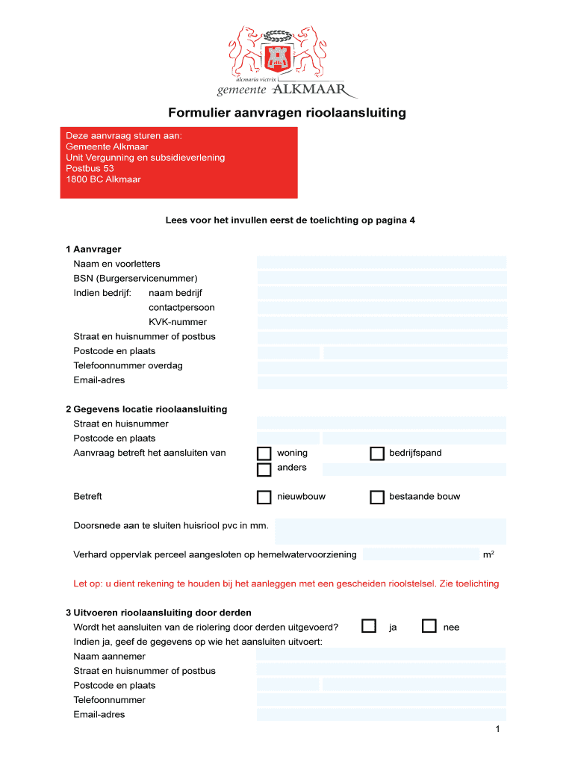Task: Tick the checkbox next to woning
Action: [x=264, y=453]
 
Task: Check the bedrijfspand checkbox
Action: [x=377, y=453]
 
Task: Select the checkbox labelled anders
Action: [x=264, y=469]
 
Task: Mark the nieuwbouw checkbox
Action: [x=264, y=498]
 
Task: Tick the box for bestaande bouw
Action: [x=377, y=498]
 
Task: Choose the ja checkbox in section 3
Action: [x=369, y=627]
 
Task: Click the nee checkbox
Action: [x=429, y=627]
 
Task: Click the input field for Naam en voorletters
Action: [x=382, y=263]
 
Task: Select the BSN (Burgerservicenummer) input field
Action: [x=382, y=278]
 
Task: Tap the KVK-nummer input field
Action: [x=382, y=323]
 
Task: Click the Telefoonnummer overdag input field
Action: [x=382, y=367]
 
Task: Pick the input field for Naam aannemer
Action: [x=382, y=656]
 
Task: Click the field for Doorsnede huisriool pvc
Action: [x=391, y=531]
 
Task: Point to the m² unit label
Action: [x=488, y=555]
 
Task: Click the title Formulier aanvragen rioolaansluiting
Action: [x=287, y=114]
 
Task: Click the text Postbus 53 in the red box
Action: [x=90, y=168]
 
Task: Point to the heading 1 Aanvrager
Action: [x=93, y=249]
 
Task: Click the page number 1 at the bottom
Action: [x=497, y=729]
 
